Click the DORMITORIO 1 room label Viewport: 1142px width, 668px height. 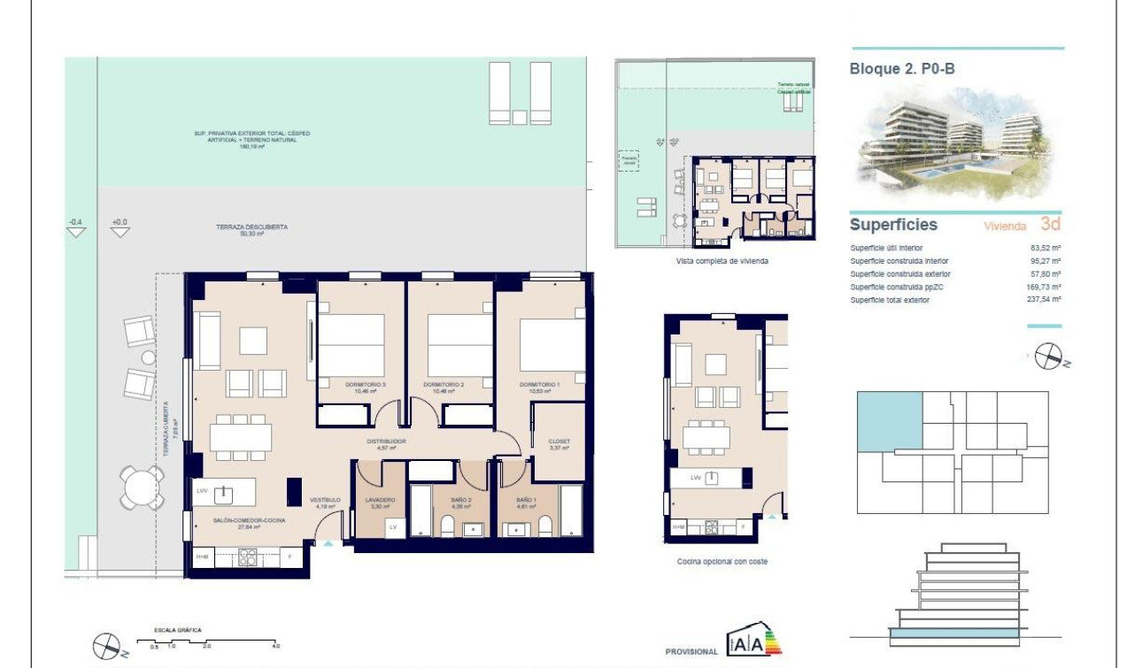pyautogui.click(x=539, y=384)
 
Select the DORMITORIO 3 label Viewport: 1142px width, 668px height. pyautogui.click(x=365, y=384)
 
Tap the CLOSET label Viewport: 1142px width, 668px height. pyautogui.click(x=559, y=441)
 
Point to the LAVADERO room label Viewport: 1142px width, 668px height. pyautogui.click(x=380, y=500)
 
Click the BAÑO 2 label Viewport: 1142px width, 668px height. pyautogui.click(x=460, y=500)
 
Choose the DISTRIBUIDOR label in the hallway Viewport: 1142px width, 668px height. pyautogui.click(x=387, y=441)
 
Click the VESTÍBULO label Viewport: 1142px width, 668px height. pyautogui.click(x=325, y=500)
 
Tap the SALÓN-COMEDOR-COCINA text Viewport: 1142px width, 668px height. pyautogui.click(x=249, y=521)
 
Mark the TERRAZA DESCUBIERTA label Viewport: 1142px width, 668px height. pyautogui.click(x=251, y=227)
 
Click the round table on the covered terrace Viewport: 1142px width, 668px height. pyautogui.click(x=143, y=488)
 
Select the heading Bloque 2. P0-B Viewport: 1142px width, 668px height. pyautogui.click(x=902, y=68)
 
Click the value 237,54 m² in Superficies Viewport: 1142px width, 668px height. pyautogui.click(x=1045, y=300)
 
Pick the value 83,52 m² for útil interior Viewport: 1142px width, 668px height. pyautogui.click(x=1046, y=248)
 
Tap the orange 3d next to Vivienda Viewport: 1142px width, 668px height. pyautogui.click(x=1050, y=224)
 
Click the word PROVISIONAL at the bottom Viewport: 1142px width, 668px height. pyautogui.click(x=691, y=652)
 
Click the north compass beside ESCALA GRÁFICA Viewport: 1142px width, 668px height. pyautogui.click(x=108, y=645)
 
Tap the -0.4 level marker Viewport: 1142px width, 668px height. pyautogui.click(x=76, y=222)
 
